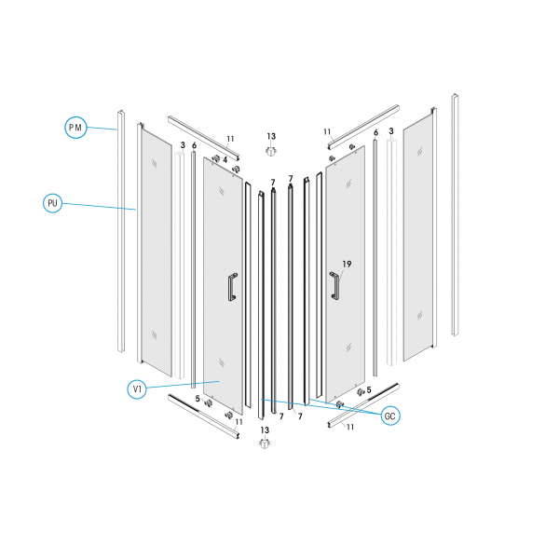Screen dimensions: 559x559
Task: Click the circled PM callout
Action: (x=75, y=128)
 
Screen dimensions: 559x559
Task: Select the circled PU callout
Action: (x=52, y=203)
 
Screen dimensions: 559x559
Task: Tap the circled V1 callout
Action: (x=137, y=389)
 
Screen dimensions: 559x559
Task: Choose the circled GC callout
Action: (x=390, y=416)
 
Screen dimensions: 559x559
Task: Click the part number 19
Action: (x=347, y=265)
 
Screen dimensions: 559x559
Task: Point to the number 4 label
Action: (x=225, y=160)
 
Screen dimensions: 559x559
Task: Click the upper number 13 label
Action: (x=271, y=137)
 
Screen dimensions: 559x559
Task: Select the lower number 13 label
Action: (x=265, y=430)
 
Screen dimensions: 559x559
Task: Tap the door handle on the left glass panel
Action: (x=233, y=287)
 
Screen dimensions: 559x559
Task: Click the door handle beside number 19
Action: (x=334, y=285)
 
